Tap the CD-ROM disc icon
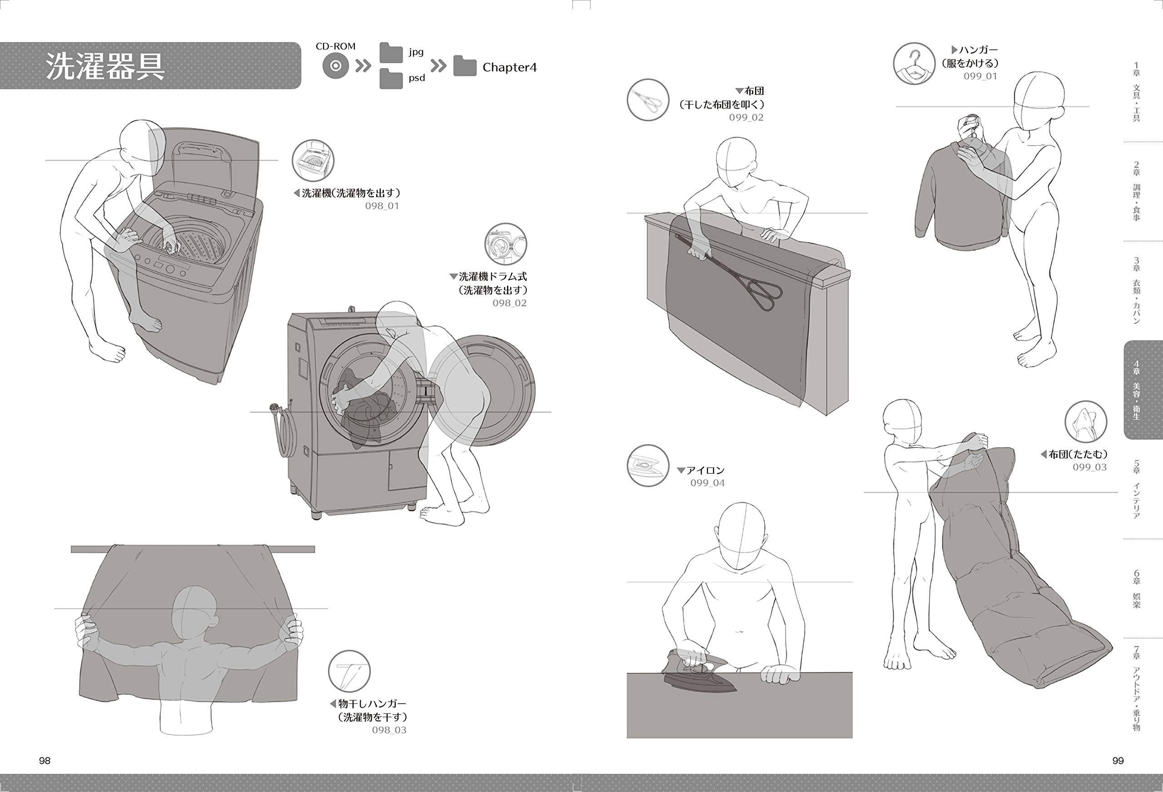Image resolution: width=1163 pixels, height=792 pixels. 335,66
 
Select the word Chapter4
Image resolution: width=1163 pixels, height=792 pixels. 509,68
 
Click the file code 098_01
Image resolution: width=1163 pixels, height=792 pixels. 382,206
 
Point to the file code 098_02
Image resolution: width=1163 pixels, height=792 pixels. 509,303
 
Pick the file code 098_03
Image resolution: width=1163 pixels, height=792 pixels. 389,730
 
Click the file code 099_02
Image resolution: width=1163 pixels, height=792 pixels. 746,118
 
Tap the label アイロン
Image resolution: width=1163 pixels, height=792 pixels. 705,470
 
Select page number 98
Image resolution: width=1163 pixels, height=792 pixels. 45,761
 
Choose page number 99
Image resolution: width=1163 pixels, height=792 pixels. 1118,761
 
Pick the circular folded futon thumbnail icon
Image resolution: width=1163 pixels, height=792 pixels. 1085,421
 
